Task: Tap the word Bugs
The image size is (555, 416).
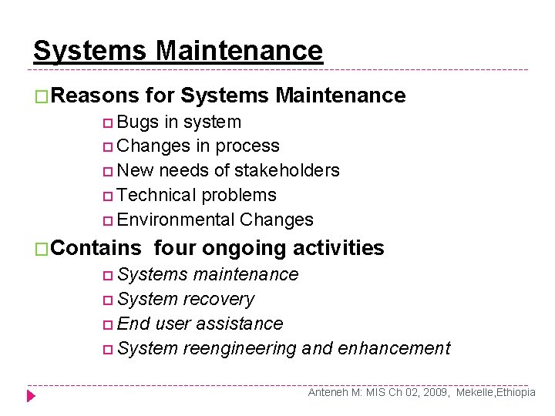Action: tap(139, 122)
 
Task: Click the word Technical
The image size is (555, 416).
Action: tap(157, 195)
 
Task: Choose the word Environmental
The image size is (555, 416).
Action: tap(177, 220)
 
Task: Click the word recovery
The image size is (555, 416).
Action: tap(218, 299)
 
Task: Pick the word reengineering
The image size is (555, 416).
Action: tap(239, 348)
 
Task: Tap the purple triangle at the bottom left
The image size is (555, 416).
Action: tap(31, 396)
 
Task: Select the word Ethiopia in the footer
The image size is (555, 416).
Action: tap(516, 392)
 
